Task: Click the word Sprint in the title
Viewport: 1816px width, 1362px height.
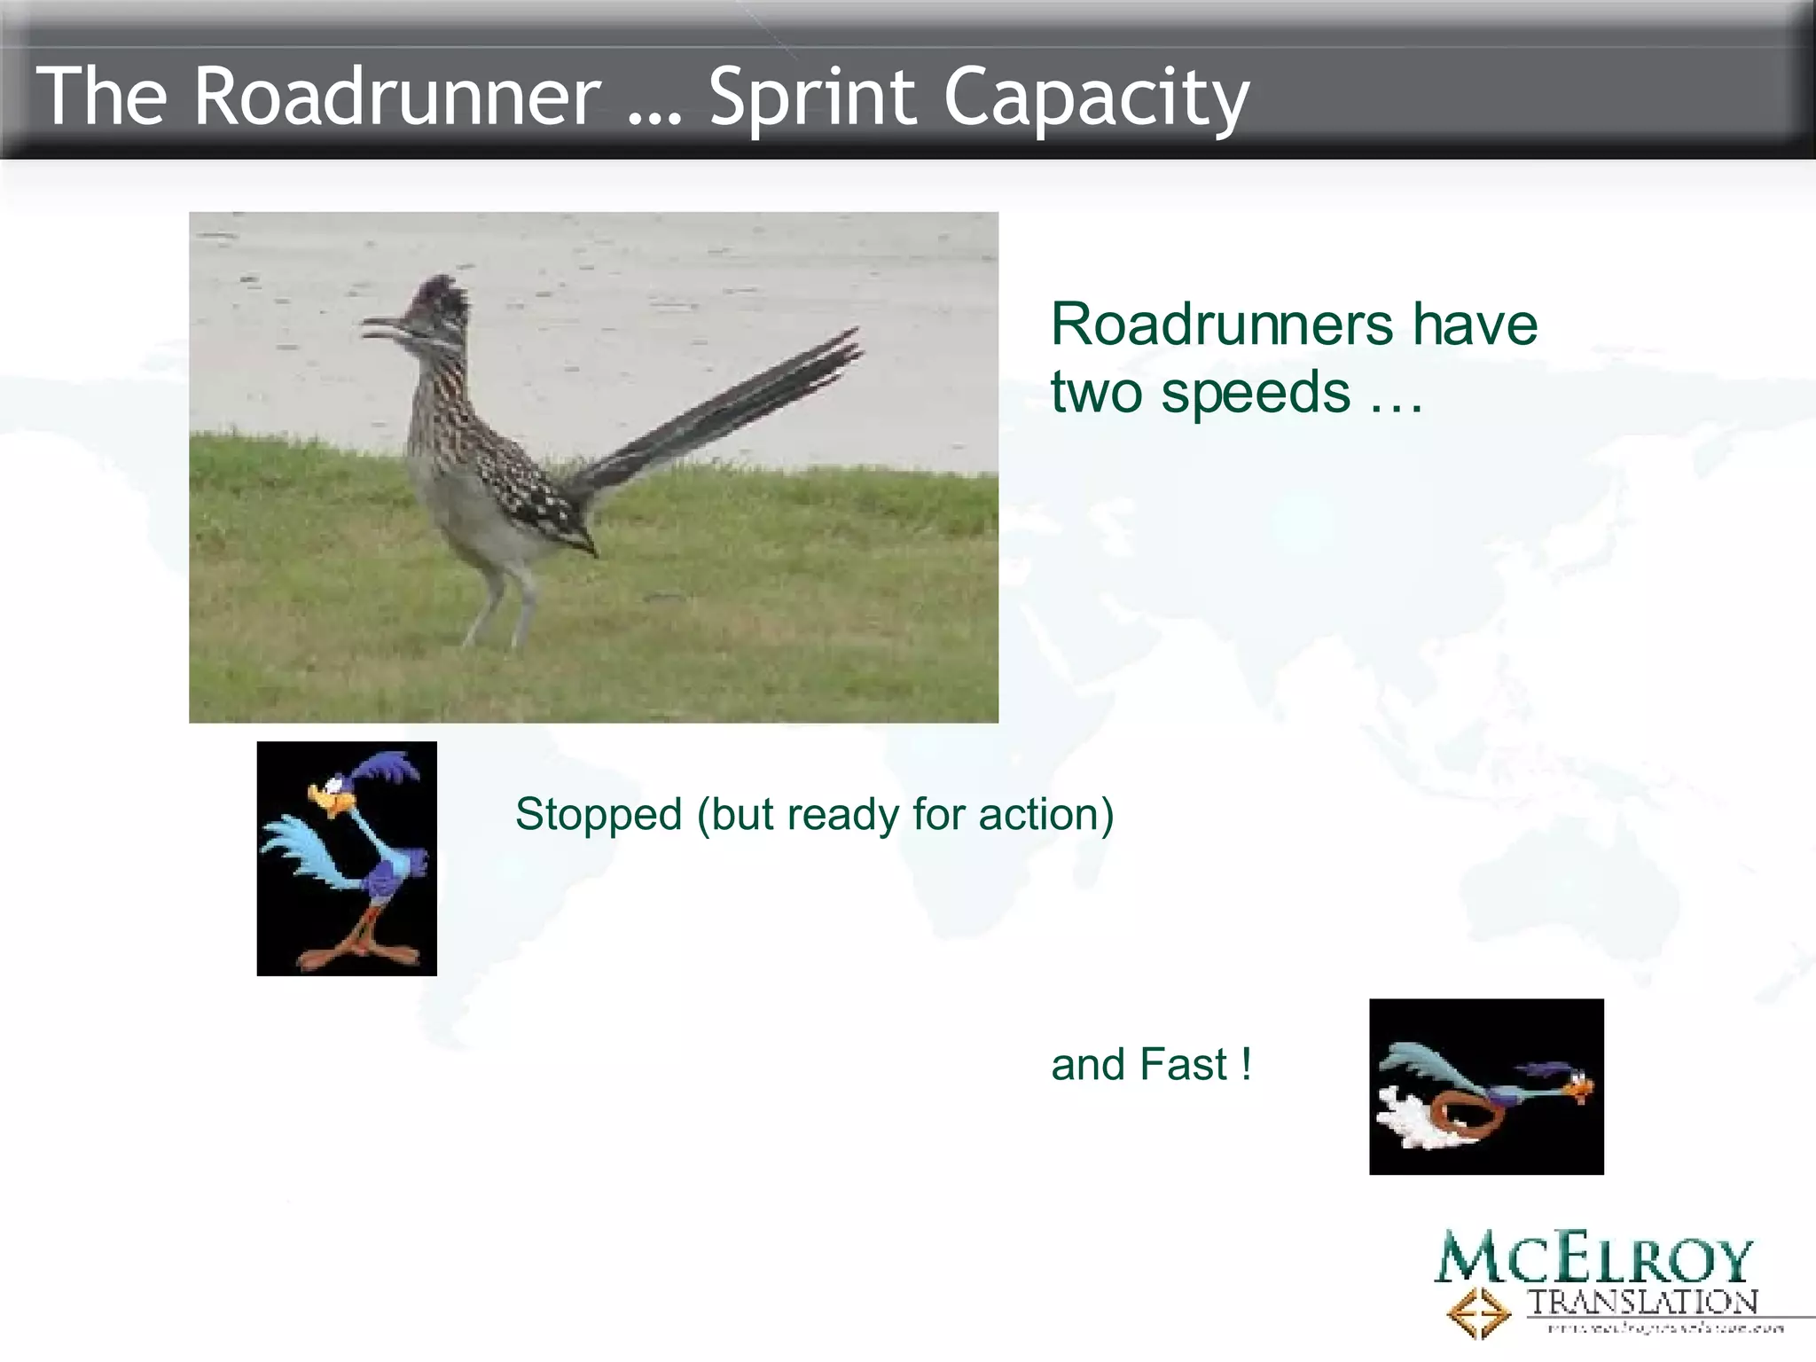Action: pos(811,98)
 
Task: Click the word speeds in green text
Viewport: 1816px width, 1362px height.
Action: pos(1256,393)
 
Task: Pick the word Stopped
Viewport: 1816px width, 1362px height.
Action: pos(599,814)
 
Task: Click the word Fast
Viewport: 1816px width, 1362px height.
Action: pos(1183,1065)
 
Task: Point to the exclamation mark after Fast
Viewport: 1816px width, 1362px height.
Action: pos(1246,1064)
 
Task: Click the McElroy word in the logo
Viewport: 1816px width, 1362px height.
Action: pos(1593,1259)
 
